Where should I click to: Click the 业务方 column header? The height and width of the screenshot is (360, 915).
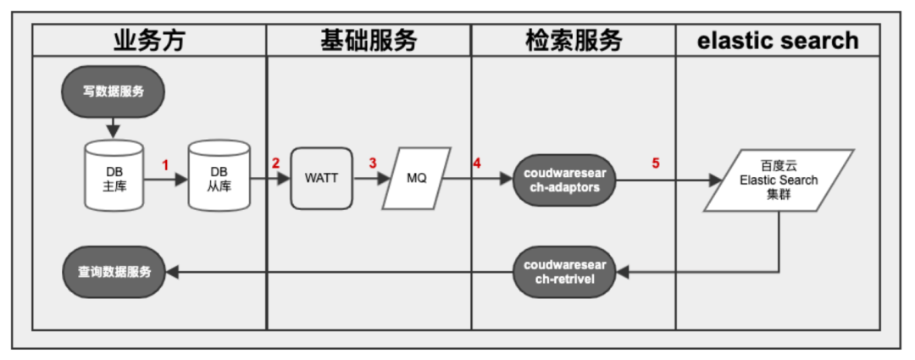coord(148,40)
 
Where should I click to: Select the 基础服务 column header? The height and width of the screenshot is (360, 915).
coord(369,40)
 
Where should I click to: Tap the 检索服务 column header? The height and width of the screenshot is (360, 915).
coord(574,40)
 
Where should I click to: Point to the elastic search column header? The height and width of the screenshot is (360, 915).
coord(778,40)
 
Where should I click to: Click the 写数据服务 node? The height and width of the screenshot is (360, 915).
coord(114,91)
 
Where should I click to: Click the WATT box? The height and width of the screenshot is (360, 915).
coord(321,179)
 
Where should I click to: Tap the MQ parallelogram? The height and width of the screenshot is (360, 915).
coord(416,179)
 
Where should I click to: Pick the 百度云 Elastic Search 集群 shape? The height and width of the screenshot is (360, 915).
coord(778,180)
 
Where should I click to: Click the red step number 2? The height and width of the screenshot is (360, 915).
coord(275,163)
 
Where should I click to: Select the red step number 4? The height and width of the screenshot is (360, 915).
coord(477,163)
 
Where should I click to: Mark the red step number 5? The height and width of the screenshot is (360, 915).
coord(655,163)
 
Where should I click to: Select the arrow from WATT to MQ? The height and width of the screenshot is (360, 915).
coord(369,179)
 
